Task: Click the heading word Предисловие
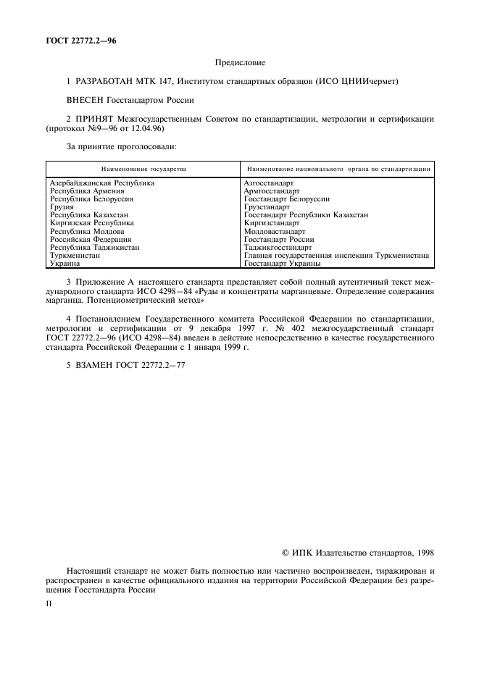239,64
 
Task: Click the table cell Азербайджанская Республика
102,183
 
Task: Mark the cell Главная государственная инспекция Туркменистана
336,256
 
